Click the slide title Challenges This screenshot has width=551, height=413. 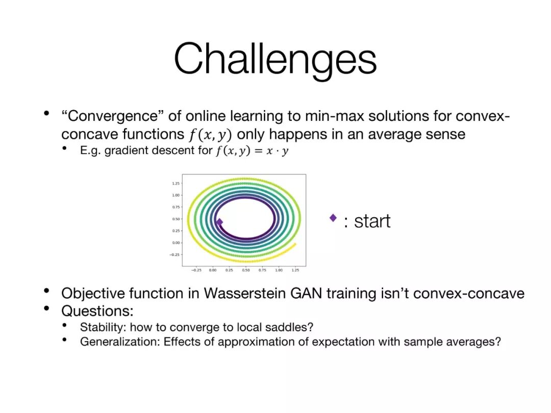(x=275, y=60)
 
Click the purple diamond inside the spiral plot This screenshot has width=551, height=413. (x=219, y=222)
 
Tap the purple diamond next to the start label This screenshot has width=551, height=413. (x=333, y=218)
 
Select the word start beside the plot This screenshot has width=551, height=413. (x=372, y=221)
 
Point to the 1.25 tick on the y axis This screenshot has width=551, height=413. (x=176, y=184)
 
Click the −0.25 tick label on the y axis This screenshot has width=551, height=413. (x=175, y=254)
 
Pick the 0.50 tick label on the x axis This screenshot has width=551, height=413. (x=245, y=270)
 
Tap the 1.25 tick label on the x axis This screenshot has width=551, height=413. (x=295, y=270)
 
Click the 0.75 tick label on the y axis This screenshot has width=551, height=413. (x=176, y=207)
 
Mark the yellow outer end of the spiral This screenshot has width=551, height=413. (x=295, y=244)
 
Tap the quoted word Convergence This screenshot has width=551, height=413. (x=112, y=116)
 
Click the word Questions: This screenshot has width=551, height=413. (x=97, y=311)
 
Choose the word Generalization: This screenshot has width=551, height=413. (x=120, y=342)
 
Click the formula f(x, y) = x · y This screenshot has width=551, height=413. (x=253, y=150)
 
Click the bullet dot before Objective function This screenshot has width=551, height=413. (x=46, y=291)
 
